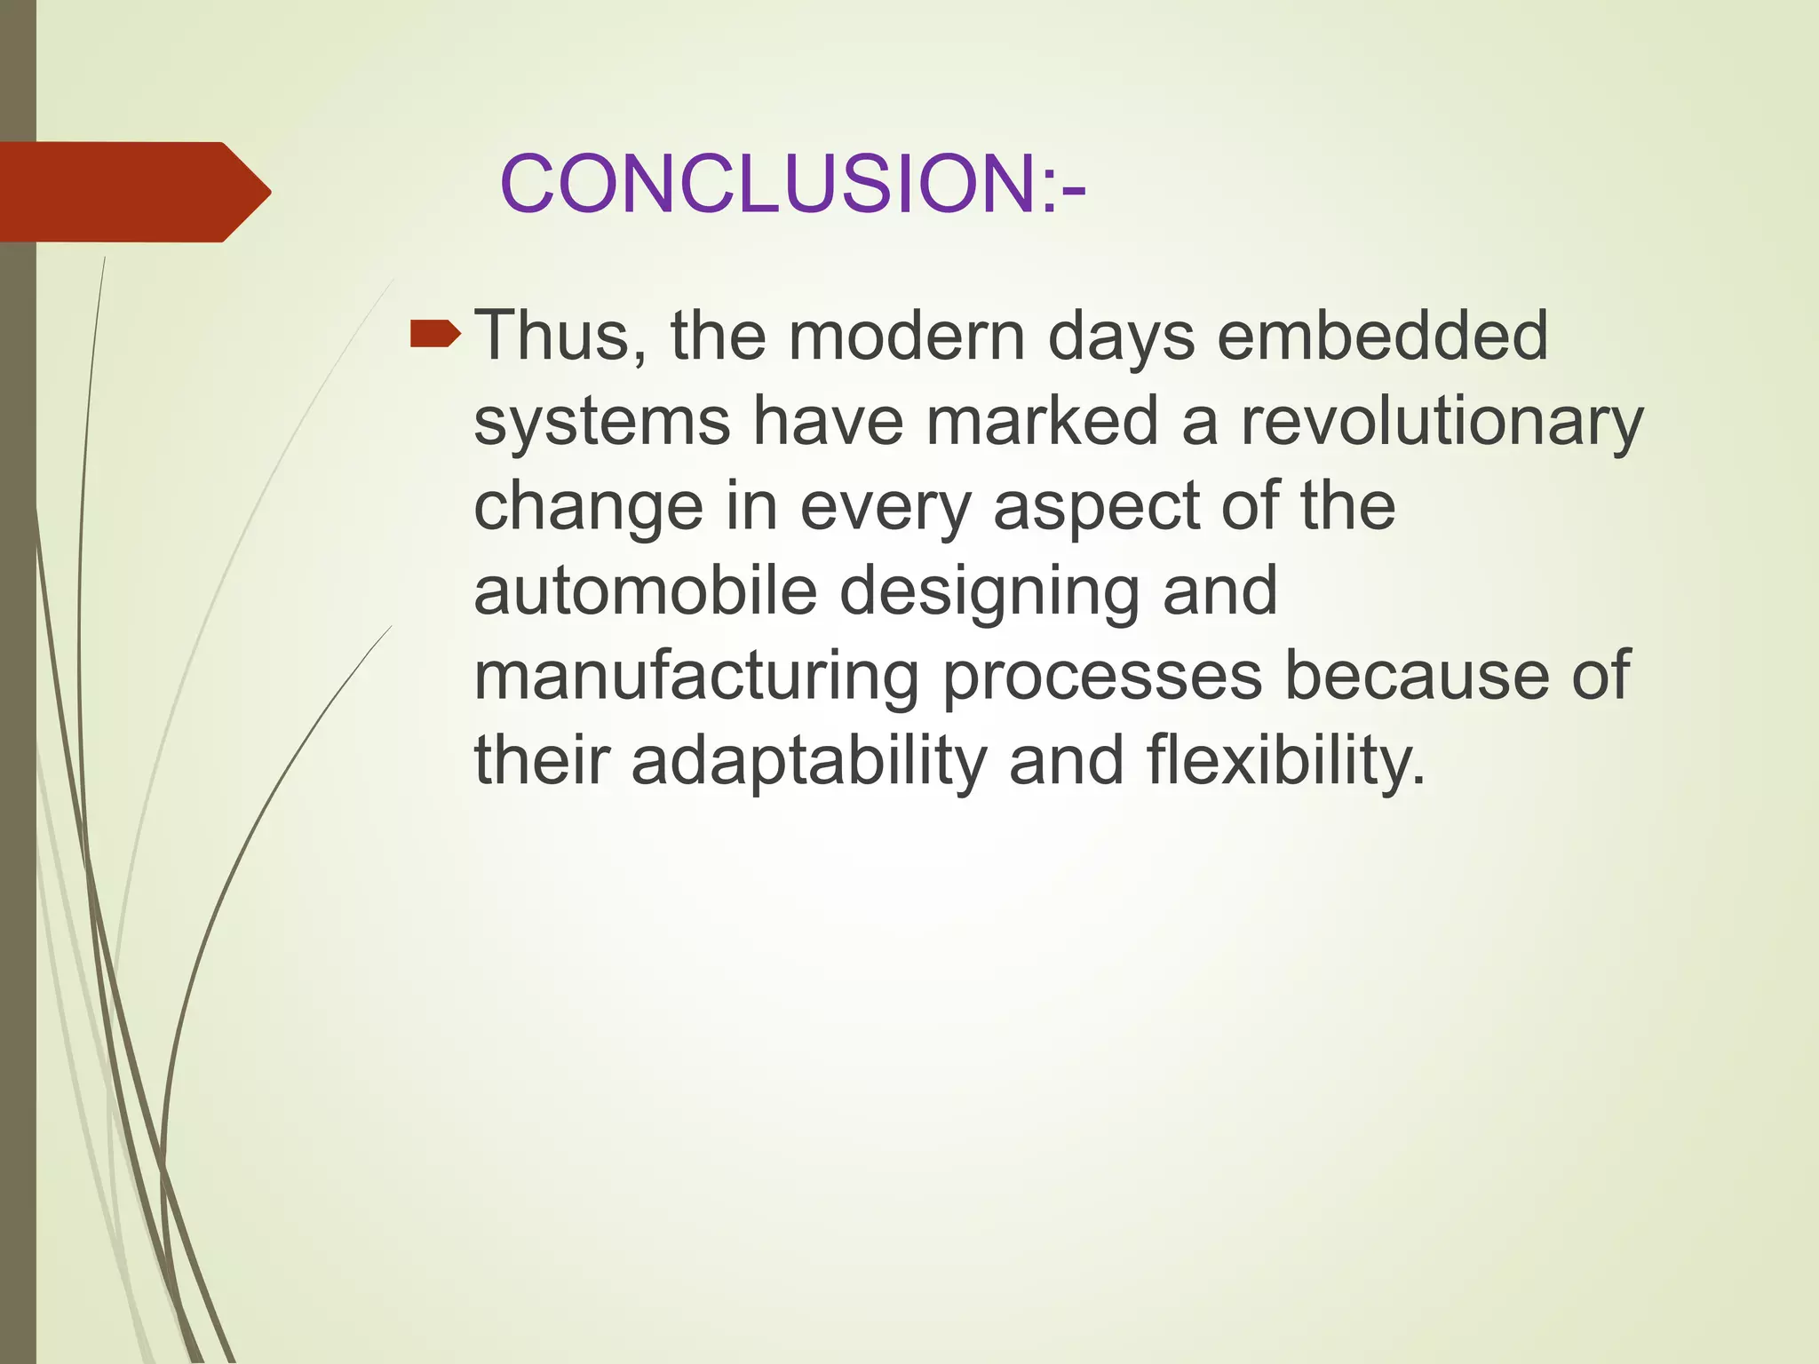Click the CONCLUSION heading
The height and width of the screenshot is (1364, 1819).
(792, 185)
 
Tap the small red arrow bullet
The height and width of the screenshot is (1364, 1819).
(434, 335)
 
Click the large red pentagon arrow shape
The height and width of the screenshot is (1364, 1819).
(133, 192)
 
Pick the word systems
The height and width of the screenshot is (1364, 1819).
(602, 422)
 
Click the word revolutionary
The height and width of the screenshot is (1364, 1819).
(1442, 422)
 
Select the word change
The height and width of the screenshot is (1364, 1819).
(588, 507)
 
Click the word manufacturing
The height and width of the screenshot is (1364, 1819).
(695, 677)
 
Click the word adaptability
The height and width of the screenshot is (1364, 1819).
(808, 762)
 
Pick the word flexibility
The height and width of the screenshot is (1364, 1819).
(1285, 762)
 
